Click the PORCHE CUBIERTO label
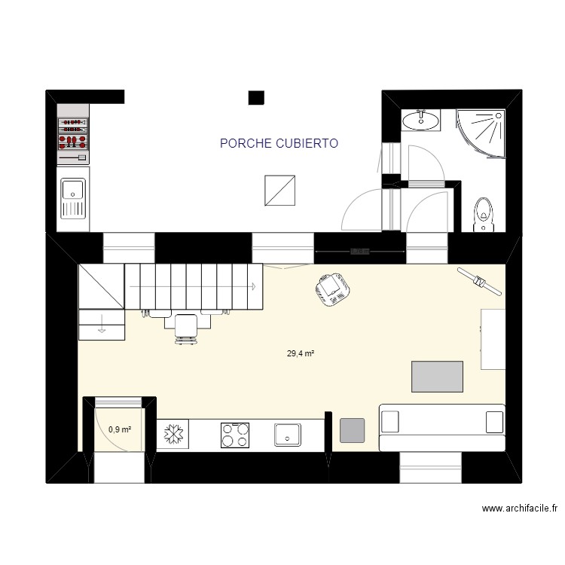(x=279, y=143)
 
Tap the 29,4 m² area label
(x=300, y=353)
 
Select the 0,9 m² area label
(x=120, y=429)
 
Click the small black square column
(x=256, y=97)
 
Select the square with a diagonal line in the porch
(x=279, y=189)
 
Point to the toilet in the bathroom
(x=482, y=213)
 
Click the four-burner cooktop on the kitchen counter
(x=236, y=435)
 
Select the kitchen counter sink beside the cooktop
(x=288, y=435)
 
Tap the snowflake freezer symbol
(x=174, y=435)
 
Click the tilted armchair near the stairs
(x=331, y=289)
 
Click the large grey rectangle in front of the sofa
(x=437, y=377)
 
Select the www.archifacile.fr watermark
(x=520, y=508)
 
